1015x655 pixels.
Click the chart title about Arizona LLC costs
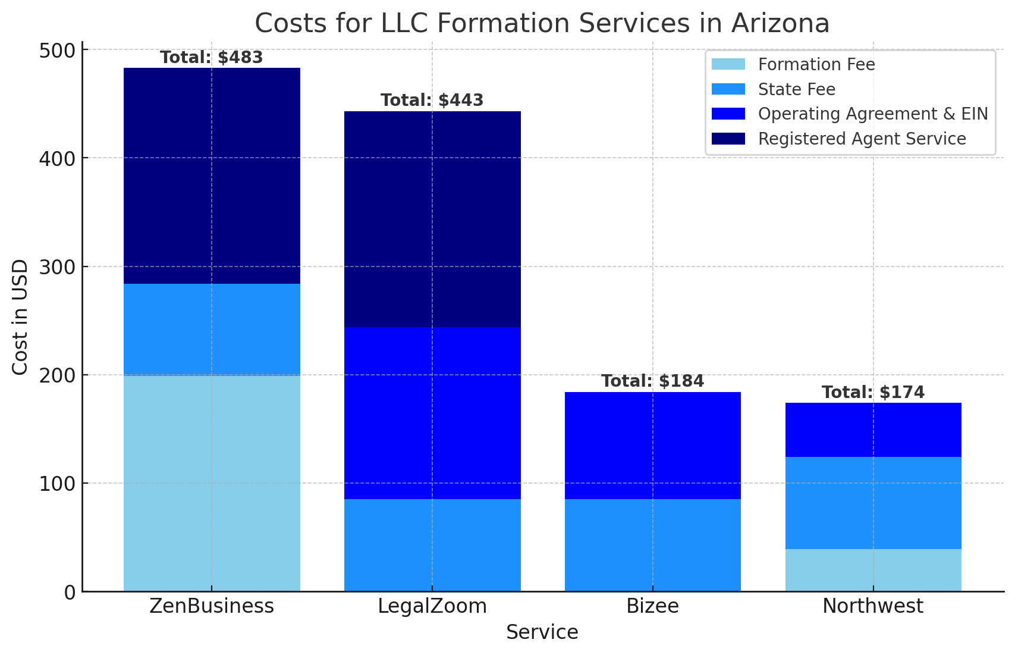542,24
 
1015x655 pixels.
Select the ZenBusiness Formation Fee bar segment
212,483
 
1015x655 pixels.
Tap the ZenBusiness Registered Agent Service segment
212,176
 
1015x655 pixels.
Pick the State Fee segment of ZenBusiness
212,330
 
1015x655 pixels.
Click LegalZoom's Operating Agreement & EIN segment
432,413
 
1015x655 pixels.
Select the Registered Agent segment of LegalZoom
432,220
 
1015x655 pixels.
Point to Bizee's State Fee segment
652,546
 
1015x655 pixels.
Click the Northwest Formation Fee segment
873,571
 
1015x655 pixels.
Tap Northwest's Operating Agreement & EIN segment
873,430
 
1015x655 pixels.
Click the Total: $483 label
212,58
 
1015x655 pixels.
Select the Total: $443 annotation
432,100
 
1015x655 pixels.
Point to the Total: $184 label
652,381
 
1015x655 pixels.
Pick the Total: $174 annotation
873,392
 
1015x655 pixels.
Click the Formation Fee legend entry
793,64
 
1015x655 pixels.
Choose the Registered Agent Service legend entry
839,138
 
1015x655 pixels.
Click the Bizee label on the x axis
652,606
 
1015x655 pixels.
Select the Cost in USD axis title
20,317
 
